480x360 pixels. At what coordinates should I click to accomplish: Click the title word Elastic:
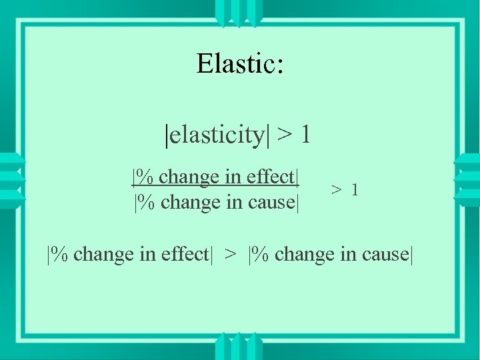pos(241,64)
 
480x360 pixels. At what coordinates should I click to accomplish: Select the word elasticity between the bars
pos(217,135)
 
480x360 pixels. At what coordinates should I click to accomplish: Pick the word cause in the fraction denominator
pos(271,201)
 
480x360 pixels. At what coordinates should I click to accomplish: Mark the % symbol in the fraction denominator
pos(148,201)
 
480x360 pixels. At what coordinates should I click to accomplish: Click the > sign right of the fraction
pos(337,191)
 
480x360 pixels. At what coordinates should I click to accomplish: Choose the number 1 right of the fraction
pos(355,190)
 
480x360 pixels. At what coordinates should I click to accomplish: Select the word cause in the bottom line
pos(385,255)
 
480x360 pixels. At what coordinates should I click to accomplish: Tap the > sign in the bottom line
pos(230,255)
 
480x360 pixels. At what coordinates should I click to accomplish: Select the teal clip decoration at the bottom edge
pos(239,347)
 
